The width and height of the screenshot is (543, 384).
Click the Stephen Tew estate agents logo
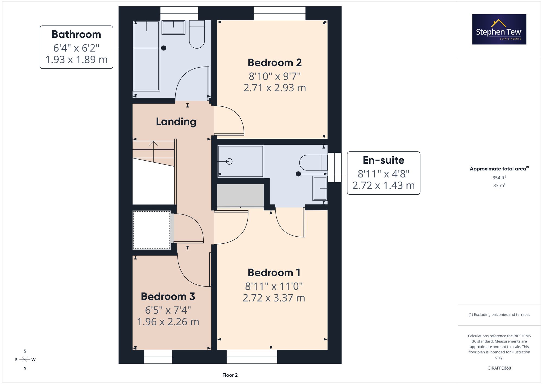coord(499,29)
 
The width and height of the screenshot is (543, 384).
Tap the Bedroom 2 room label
coord(274,63)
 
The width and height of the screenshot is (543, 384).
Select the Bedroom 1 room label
coord(274,273)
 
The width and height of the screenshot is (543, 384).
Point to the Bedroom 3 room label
coord(168,297)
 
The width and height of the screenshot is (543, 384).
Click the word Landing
coord(176,122)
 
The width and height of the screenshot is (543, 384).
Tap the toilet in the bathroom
coord(197,34)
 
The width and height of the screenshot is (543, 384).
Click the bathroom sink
coord(173,27)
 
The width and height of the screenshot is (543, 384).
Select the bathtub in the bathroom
coord(146,56)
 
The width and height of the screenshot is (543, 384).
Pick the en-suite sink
coord(320,188)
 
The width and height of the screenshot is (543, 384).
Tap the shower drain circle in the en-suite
coord(229,161)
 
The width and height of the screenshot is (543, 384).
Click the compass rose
coord(25,360)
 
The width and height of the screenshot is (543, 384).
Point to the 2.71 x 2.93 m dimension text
coord(275,88)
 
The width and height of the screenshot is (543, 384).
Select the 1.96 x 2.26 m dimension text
coord(168,322)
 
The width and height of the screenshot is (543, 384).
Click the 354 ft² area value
coord(499,178)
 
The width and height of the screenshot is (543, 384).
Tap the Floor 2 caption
coord(230,375)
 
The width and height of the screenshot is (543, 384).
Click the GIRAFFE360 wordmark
coord(499,368)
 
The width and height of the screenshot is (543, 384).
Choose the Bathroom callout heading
coord(76,34)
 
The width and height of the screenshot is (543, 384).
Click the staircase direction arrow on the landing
coord(153,152)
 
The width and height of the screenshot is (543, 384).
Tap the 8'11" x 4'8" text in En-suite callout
coord(384,174)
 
